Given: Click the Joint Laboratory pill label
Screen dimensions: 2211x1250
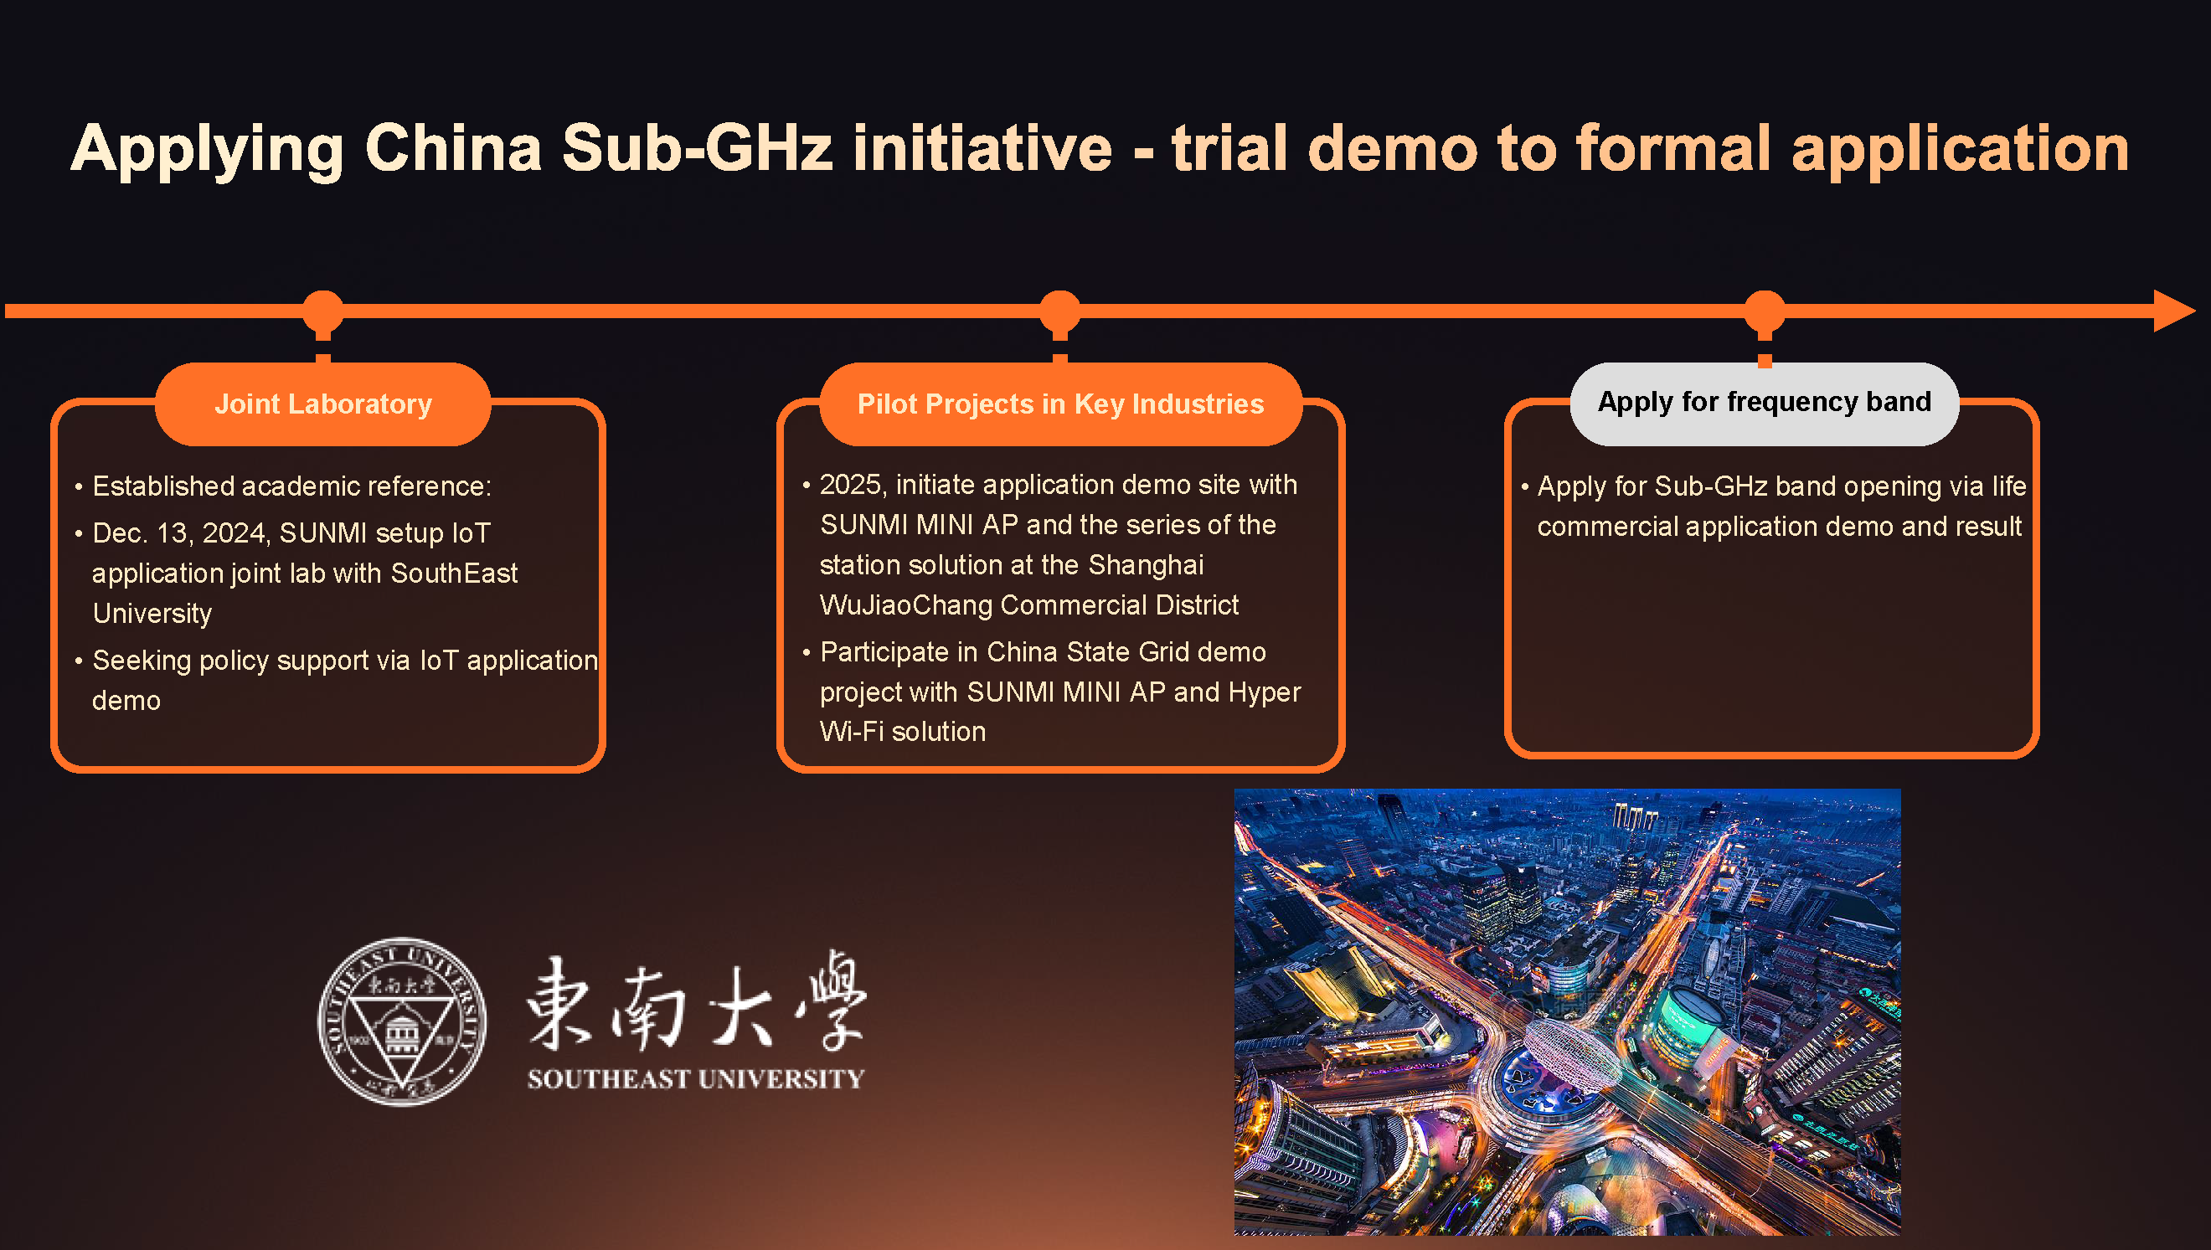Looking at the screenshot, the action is coord(322,404).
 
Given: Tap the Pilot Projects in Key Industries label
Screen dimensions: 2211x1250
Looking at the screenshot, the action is coord(1060,404).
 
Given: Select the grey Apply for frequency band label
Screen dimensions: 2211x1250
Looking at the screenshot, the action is coord(1765,403).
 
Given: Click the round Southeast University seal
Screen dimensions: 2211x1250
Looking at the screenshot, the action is coord(402,1021).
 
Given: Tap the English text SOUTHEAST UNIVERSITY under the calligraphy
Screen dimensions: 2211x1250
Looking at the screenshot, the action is coord(695,1079).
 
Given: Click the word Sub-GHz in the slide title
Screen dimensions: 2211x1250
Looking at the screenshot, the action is coord(697,147).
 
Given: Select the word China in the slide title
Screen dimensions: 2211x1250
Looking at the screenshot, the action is coord(453,147).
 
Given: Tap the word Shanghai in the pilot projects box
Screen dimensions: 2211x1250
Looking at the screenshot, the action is coord(1147,565).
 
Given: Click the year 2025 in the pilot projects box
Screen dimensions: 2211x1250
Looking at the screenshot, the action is coord(850,485).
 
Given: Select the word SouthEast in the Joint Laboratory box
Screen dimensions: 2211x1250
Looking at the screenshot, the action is coord(454,574).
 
